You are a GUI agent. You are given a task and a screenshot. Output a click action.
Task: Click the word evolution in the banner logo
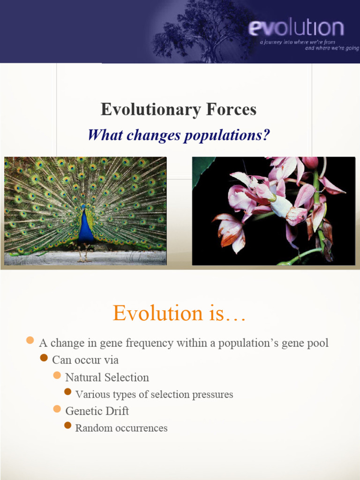coord(296,28)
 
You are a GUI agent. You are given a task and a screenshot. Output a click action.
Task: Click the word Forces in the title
coord(231,109)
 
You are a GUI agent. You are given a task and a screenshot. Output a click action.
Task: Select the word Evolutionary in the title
coord(151,110)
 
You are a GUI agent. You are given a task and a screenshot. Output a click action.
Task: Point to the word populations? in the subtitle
coord(227,135)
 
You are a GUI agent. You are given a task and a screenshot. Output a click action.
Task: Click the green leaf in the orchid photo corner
coord(201,170)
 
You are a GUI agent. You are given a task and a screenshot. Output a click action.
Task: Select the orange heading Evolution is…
coord(179,313)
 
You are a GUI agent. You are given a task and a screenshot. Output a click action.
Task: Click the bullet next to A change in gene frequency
coord(30,340)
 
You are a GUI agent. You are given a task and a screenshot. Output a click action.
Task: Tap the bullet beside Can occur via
coord(44,358)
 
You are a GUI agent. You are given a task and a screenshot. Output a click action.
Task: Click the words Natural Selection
coord(107,377)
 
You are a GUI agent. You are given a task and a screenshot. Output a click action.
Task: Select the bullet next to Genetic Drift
coord(57,409)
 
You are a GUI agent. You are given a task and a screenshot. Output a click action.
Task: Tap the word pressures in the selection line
coord(212,395)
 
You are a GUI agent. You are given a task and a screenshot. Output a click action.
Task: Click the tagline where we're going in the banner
coord(332,48)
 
